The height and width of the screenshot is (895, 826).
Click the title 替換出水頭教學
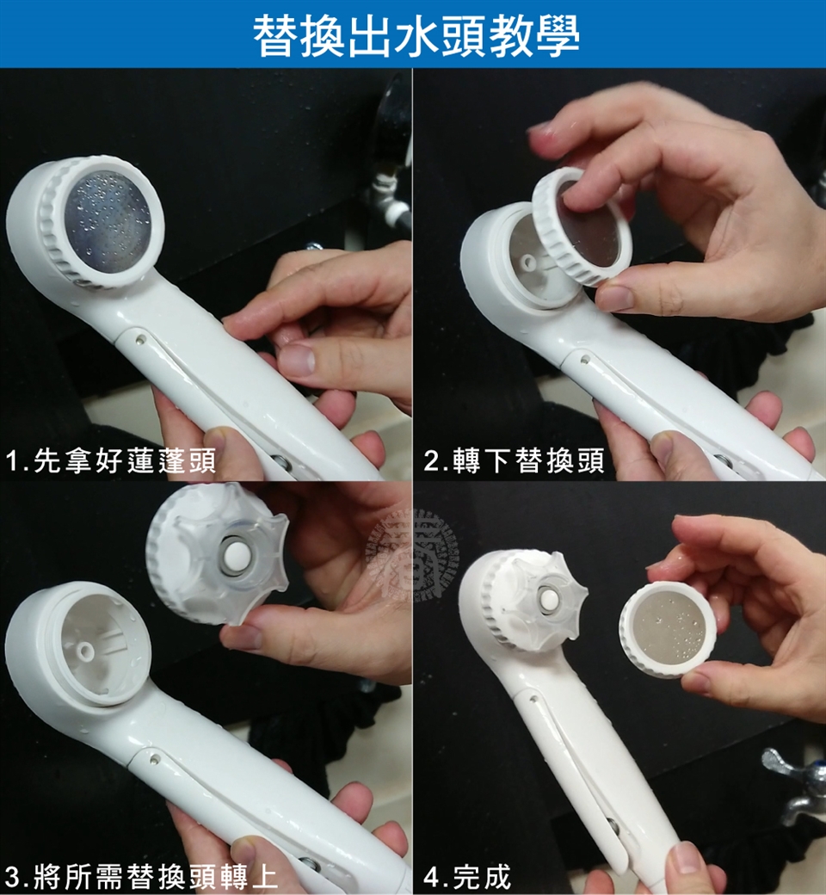coord(416,35)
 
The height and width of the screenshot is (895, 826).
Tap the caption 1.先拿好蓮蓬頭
coord(111,460)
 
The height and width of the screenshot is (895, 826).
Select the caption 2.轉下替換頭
coord(514,460)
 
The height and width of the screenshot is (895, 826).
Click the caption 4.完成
coord(467,877)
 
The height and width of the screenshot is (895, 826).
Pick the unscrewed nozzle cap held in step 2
coord(582,226)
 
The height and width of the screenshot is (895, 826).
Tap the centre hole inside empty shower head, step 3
coord(86,651)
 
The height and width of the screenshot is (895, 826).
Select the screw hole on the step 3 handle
coord(154,760)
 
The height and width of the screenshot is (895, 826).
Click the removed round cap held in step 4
coord(668,628)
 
